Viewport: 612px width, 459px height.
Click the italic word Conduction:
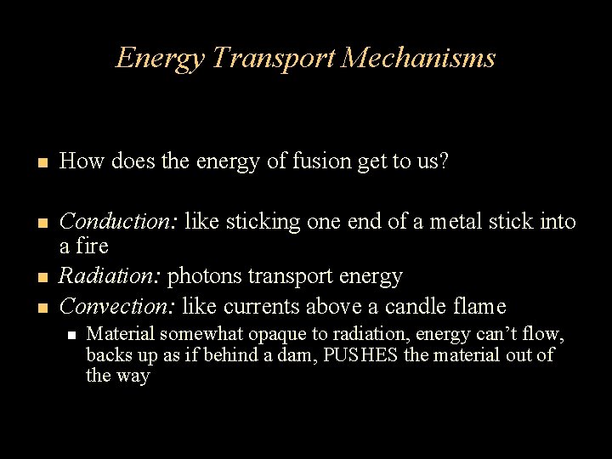coord(118,222)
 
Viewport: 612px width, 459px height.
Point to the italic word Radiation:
coord(110,276)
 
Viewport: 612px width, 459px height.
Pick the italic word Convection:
coord(117,305)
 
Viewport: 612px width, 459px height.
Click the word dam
coord(300,355)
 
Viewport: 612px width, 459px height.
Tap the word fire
coord(91,246)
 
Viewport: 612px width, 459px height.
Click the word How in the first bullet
coord(76,161)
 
